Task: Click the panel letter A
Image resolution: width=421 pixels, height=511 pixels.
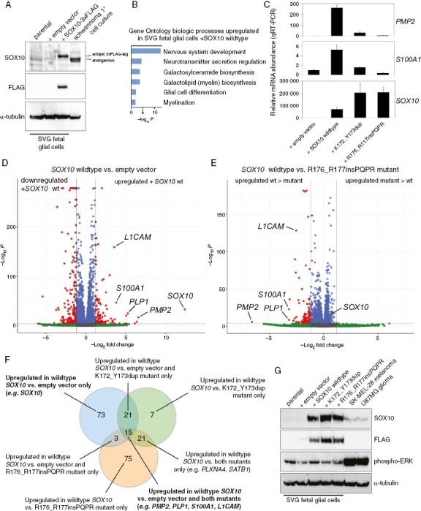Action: click(6, 6)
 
